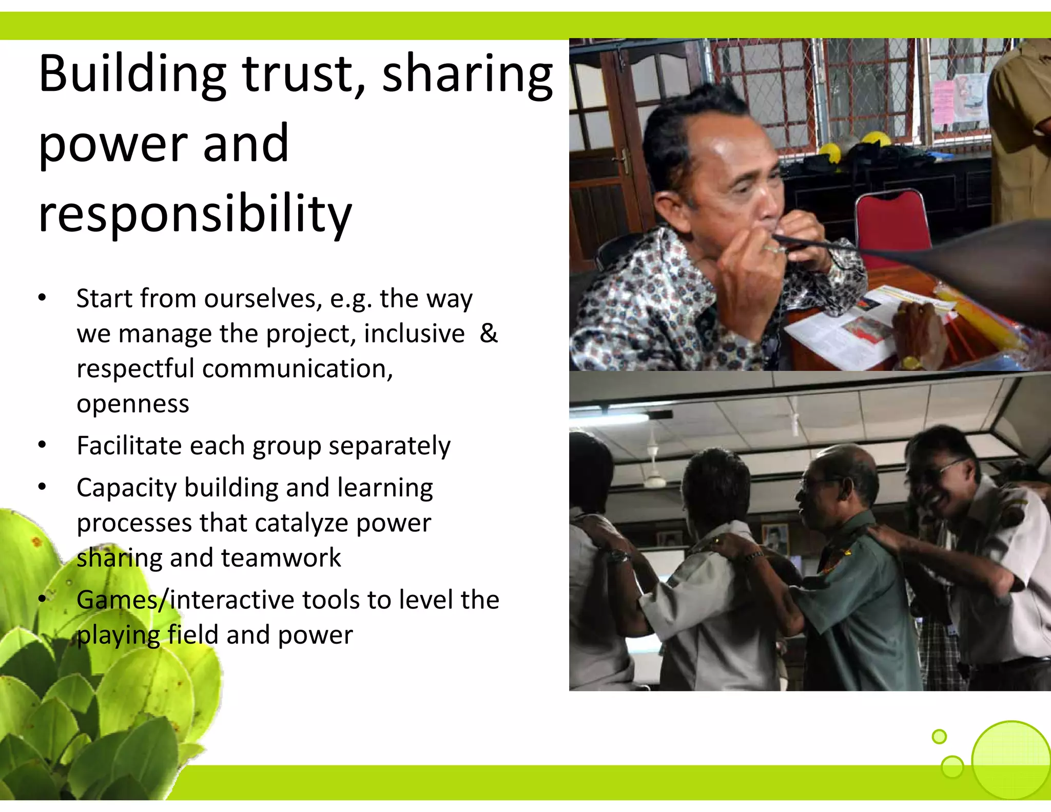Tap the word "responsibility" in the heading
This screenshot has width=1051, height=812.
point(195,214)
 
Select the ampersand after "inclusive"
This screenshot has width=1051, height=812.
point(489,334)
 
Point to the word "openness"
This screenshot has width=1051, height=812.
point(133,404)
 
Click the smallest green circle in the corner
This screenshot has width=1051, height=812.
point(939,737)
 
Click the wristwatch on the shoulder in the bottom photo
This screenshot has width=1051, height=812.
point(620,555)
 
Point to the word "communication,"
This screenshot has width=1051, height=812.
point(298,369)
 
